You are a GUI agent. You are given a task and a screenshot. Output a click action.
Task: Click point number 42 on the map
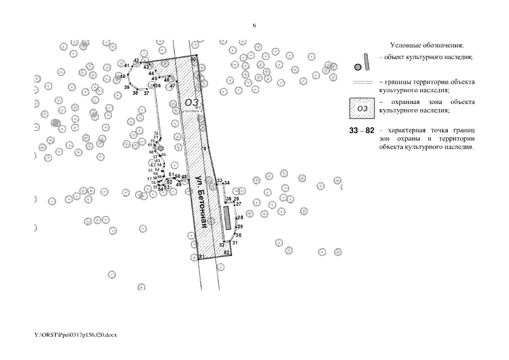[x=136, y=60]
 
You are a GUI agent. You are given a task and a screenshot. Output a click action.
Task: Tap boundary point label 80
[x=193, y=59]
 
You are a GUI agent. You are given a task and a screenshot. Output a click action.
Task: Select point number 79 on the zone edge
[x=204, y=148]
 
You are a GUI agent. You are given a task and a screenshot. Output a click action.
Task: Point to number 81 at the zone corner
[x=200, y=256]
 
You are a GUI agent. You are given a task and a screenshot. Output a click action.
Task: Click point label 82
[x=226, y=253]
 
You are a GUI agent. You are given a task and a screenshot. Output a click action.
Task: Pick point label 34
[x=227, y=183]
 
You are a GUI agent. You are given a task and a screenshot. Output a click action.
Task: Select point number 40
[x=123, y=76]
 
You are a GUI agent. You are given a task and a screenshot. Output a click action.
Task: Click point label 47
[x=173, y=85]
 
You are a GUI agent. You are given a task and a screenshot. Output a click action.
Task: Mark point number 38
[x=135, y=92]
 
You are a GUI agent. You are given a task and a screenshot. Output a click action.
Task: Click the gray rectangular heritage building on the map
[x=227, y=218]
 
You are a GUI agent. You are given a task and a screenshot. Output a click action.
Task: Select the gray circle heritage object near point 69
[x=160, y=147]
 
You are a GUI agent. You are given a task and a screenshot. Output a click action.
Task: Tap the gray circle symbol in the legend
[x=357, y=66]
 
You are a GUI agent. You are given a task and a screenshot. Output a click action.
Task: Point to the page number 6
[x=254, y=26]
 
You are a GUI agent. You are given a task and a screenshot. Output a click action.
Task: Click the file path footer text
[x=75, y=335]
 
